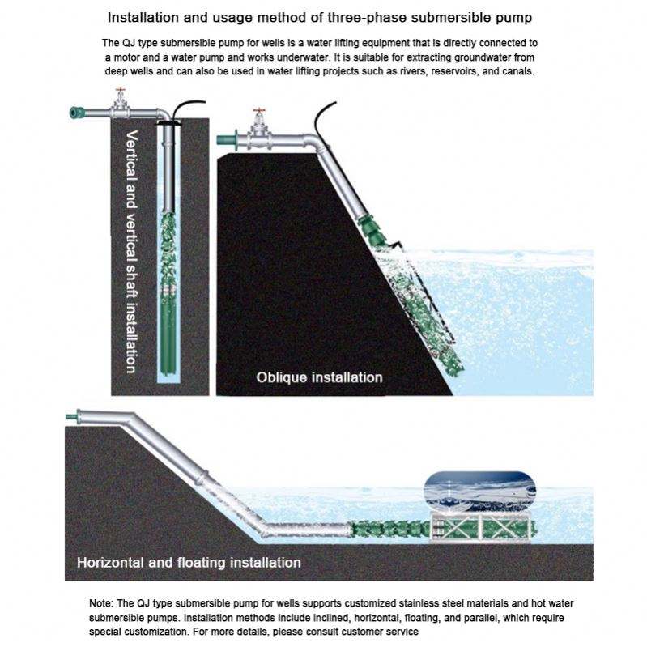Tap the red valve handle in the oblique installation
[259, 111]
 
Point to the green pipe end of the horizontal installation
[72, 418]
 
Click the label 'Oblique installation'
[319, 377]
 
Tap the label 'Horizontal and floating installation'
[189, 562]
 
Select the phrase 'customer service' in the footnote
[380, 631]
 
